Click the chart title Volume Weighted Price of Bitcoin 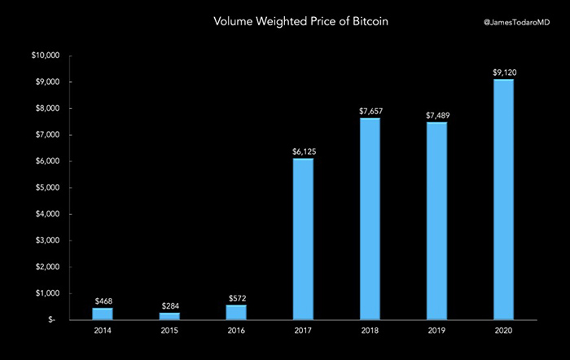(285, 22)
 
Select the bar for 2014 (103, 313)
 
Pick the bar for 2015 (169, 315)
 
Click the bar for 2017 (303, 239)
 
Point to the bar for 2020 (503, 199)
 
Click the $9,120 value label (503, 72)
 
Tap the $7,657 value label (370, 111)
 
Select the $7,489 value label (436, 116)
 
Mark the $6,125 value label (303, 151)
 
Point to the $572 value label (236, 297)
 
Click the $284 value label (169, 305)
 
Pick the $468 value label (103, 301)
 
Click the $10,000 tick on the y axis (45, 56)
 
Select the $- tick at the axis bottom (52, 319)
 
